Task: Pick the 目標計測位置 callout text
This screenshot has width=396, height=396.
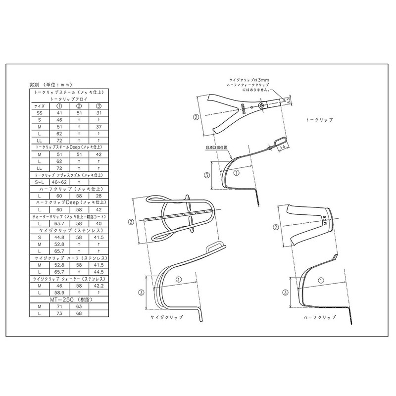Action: tap(216, 148)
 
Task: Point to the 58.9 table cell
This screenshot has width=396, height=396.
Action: tap(59, 293)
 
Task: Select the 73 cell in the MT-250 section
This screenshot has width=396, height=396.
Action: tap(59, 313)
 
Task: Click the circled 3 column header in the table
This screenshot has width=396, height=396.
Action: tap(98, 106)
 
